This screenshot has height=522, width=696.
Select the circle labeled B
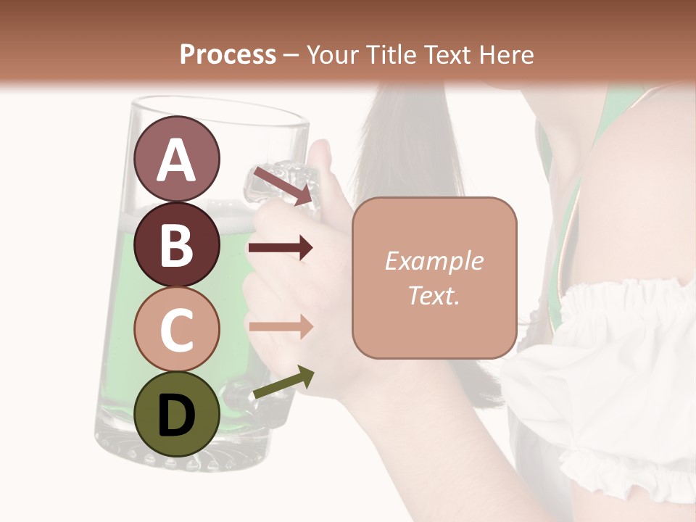click(177, 244)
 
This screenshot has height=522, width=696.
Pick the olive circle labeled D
click(177, 414)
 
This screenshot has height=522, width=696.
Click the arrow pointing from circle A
click(281, 185)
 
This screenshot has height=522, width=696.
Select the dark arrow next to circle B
click(281, 248)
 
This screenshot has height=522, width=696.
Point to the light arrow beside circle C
click(281, 326)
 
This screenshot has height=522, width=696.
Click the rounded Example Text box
click(434, 278)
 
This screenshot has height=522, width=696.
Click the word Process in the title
click(228, 54)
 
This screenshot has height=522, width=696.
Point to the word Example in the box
click(434, 261)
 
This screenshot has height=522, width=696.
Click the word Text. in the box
click(434, 295)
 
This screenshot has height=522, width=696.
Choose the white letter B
click(177, 245)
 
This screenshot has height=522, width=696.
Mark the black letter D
click(177, 415)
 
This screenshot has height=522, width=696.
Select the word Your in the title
click(331, 54)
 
